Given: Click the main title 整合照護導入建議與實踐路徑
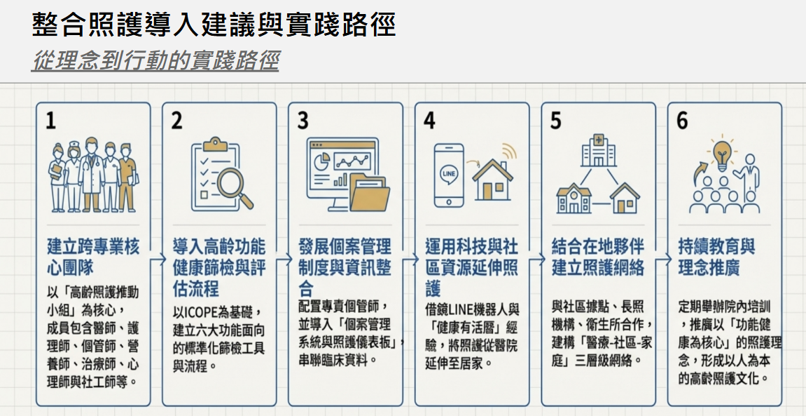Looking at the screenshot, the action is click(x=214, y=25).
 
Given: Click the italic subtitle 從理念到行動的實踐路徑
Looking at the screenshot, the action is click(x=155, y=61).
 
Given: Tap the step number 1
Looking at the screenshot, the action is click(x=50, y=121).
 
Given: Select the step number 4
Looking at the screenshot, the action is click(x=429, y=121).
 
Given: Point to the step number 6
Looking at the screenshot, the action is click(x=682, y=121).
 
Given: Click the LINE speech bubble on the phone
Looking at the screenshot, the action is click(x=449, y=173).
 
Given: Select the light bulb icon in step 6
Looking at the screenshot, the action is click(x=722, y=154).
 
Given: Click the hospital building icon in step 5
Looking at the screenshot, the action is click(x=598, y=149).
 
